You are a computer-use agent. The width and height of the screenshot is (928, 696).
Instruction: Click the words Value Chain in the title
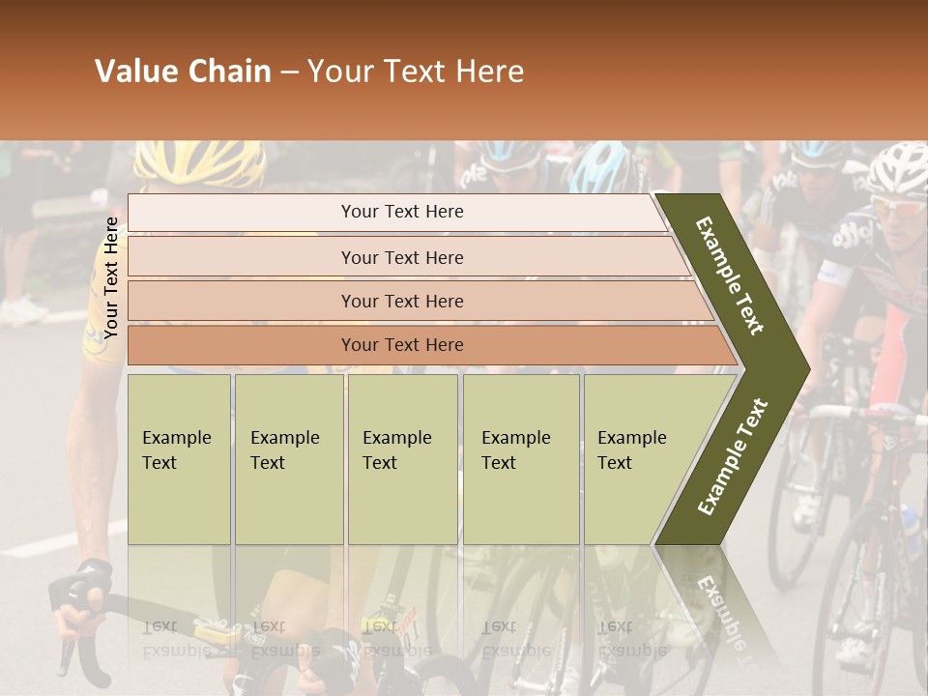[183, 72]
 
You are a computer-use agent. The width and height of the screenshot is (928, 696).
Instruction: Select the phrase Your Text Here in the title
[416, 72]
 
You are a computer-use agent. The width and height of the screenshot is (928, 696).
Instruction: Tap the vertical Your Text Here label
[111, 278]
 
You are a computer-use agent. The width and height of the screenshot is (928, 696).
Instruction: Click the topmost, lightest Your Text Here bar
[401, 212]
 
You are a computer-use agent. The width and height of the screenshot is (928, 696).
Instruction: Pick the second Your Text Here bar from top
[402, 257]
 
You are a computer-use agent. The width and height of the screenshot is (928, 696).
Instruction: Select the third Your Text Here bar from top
[402, 301]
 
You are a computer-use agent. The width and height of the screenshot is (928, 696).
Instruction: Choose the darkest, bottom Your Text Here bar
[402, 345]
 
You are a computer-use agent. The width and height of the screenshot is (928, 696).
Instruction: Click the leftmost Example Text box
[179, 459]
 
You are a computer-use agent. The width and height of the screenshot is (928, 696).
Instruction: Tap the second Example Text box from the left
[288, 459]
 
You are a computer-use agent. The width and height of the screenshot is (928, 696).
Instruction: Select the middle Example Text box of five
[402, 459]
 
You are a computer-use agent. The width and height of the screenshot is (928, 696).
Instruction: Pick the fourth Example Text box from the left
[521, 459]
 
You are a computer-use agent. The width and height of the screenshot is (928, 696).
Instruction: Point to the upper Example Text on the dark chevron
[730, 275]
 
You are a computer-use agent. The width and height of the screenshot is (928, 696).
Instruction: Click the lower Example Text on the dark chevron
[733, 456]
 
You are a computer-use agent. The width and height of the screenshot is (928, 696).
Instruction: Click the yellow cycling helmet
[215, 162]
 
